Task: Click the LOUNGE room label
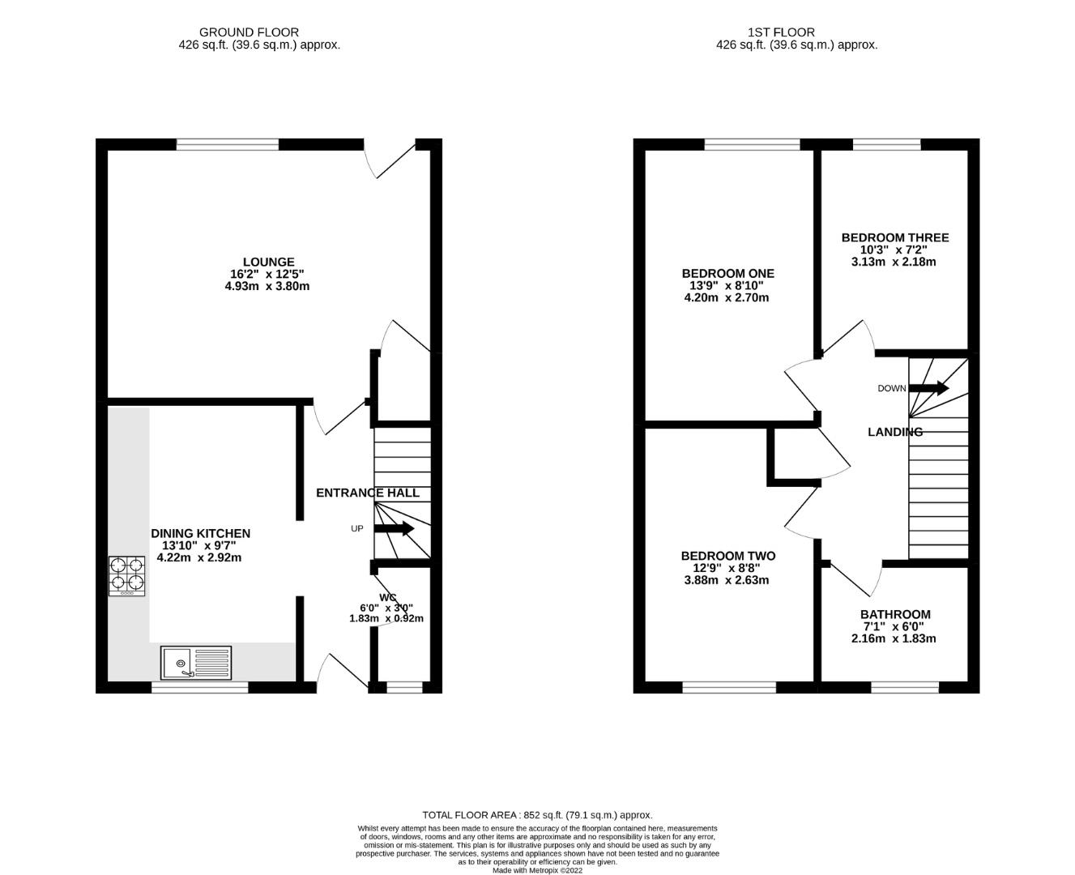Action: coord(268,262)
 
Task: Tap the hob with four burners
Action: coord(126,576)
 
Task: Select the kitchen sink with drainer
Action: coord(196,663)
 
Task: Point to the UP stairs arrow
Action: coord(395,529)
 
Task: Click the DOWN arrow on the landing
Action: coord(928,388)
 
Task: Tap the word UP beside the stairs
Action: coord(356,529)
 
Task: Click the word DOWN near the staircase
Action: coord(892,389)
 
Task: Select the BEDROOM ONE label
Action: coord(727,274)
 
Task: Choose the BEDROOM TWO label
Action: coord(728,556)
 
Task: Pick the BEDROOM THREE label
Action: coord(895,237)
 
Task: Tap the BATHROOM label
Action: coord(895,614)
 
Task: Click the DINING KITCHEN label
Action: coord(200,533)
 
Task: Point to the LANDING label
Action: coord(895,432)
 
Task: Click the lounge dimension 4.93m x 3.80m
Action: coord(267,286)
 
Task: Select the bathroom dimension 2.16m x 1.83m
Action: coord(894,638)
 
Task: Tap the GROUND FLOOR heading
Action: coord(249,32)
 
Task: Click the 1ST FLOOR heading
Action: coord(781,32)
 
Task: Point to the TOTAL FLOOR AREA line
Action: coord(538,815)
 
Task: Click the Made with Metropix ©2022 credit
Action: coord(538,870)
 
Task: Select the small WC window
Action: coord(404,687)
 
